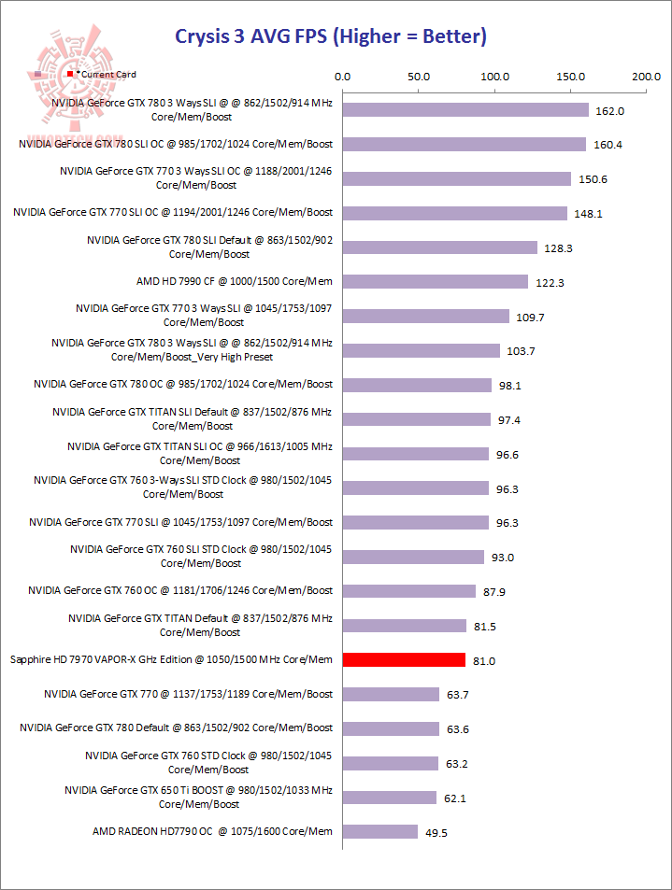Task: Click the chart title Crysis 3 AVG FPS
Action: coord(331,37)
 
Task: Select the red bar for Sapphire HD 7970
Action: coord(404,660)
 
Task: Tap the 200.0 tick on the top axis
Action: coord(646,77)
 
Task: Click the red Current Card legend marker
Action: coord(70,73)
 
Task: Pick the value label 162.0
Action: coord(609,111)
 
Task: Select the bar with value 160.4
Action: coord(465,145)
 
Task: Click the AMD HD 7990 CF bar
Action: coord(436,281)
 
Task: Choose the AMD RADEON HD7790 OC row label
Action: coord(212,831)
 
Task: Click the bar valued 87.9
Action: coord(409,591)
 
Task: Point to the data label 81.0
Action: coord(483,661)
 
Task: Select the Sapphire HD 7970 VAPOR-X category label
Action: coord(171,660)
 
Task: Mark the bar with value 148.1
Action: coord(455,213)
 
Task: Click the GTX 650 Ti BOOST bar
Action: coord(390,798)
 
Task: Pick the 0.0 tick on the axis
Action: coord(342,77)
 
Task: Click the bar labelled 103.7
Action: coord(422,350)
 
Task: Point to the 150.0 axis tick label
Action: coord(570,77)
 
